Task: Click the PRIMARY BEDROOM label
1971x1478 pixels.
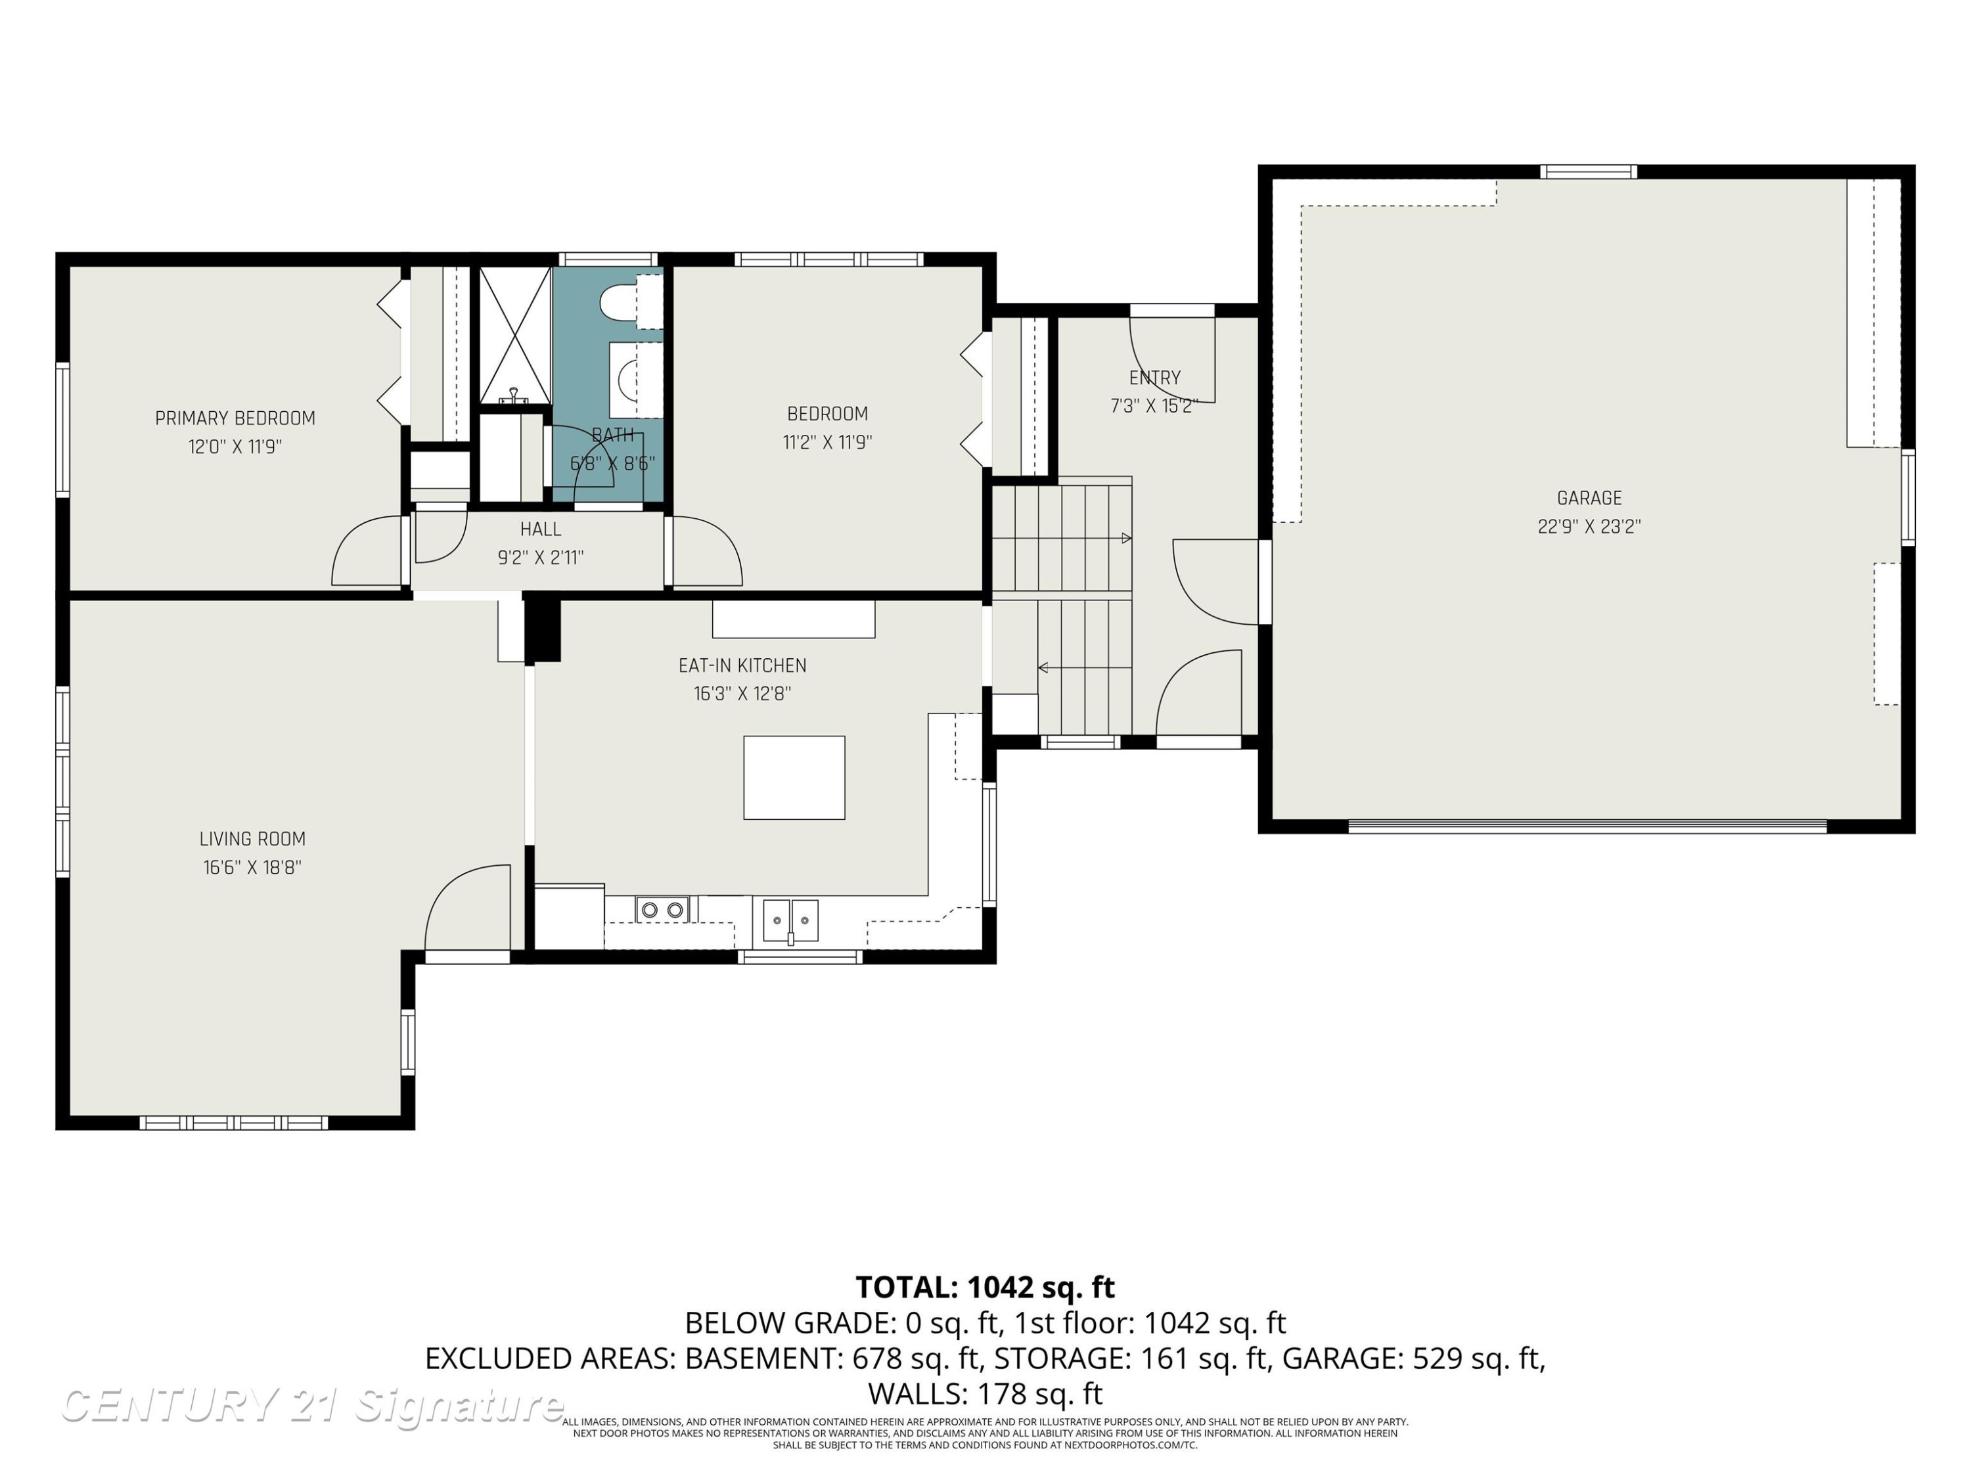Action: pos(235,418)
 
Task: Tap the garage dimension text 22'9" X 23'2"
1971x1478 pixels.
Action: pos(1589,526)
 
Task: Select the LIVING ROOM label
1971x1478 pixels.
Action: pos(252,838)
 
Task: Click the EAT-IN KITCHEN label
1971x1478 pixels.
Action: pos(742,665)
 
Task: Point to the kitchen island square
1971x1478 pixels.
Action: pos(794,777)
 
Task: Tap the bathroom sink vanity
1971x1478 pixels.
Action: pos(636,380)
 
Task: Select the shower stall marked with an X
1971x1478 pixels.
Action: pos(515,335)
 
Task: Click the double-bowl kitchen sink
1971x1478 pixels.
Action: pos(790,920)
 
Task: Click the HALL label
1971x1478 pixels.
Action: pos(541,529)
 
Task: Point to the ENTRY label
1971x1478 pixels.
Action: pos(1155,378)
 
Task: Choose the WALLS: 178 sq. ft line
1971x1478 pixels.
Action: pos(985,1393)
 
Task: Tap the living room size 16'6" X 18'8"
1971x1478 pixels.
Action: pos(252,867)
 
